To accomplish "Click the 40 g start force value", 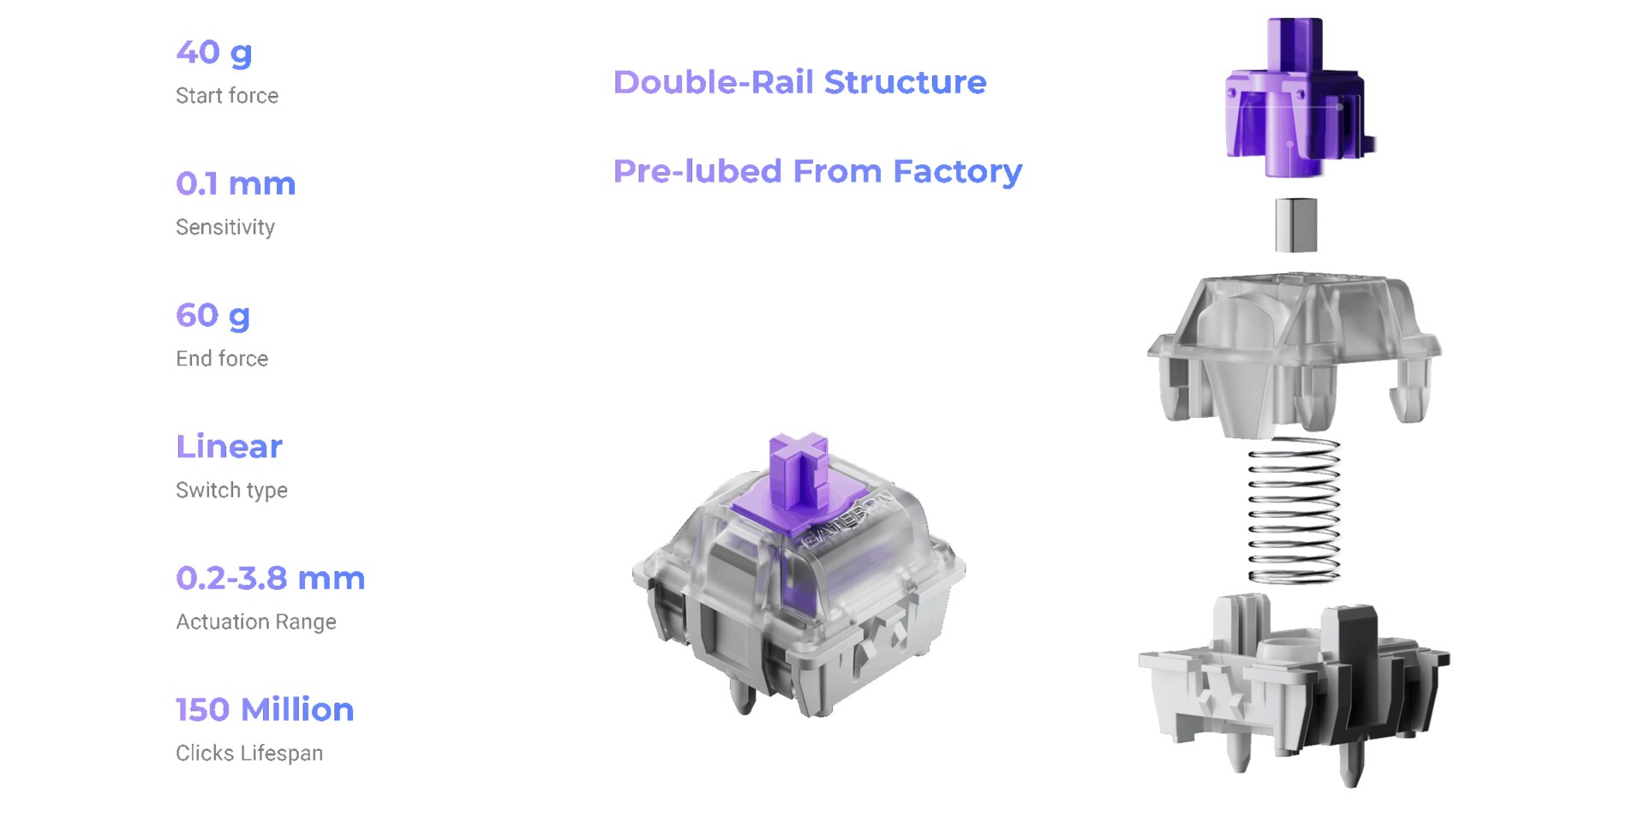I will tap(214, 53).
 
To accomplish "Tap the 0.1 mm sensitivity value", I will tap(236, 184).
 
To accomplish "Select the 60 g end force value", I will tap(213, 316).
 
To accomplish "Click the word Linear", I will tap(229, 447).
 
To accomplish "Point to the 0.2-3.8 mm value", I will tap(270, 579).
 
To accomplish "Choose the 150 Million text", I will tap(265, 710).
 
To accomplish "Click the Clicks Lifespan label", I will tap(249, 753).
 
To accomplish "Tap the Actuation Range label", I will tap(255, 622).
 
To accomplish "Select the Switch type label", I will tap(231, 491).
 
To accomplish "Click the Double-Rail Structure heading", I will tap(799, 82).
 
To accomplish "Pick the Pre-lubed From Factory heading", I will tap(817, 171).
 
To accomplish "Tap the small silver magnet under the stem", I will tap(1295, 225).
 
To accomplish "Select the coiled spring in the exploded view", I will tap(1294, 509).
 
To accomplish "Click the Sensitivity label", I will tap(225, 228).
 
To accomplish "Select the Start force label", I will tap(227, 96).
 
